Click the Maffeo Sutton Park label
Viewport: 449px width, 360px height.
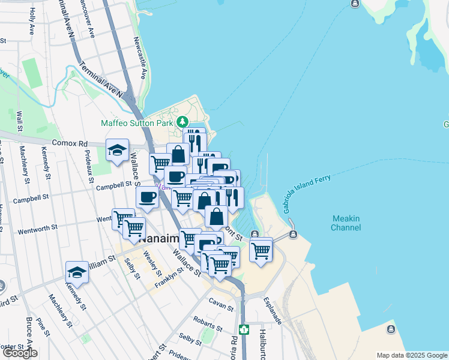pyautogui.click(x=137, y=123)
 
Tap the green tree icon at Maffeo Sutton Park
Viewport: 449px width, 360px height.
pyautogui.click(x=183, y=122)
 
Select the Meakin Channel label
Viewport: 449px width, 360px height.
pyautogui.click(x=346, y=223)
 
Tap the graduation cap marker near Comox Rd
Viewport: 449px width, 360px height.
pyautogui.click(x=117, y=150)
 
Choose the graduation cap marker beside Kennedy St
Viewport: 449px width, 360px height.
pyautogui.click(x=76, y=272)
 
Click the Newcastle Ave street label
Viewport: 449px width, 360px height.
pyautogui.click(x=140, y=58)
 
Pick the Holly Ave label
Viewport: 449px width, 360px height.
pyautogui.click(x=31, y=20)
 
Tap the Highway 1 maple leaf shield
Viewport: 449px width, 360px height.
pyautogui.click(x=244, y=329)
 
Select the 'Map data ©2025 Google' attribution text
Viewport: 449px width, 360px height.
pyautogui.click(x=411, y=355)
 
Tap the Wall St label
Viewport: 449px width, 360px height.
pyautogui.click(x=20, y=121)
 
